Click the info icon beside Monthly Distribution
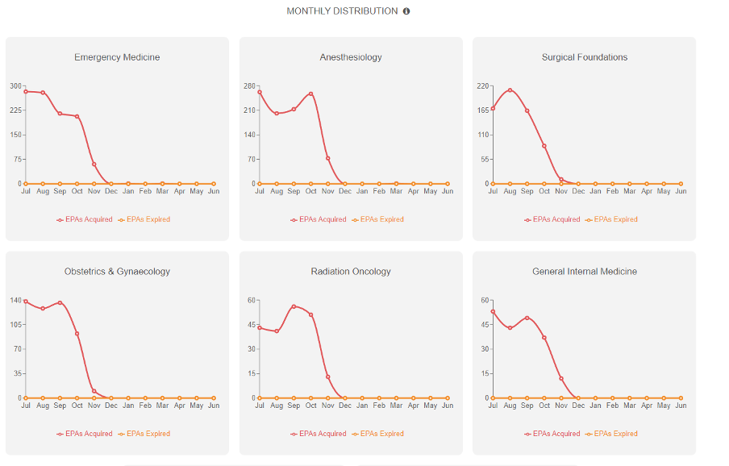pyautogui.click(x=406, y=11)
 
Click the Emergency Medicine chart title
pyautogui.click(x=117, y=57)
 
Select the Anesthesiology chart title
pyautogui.click(x=351, y=57)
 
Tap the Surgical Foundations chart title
pyautogui.click(x=585, y=57)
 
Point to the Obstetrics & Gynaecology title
pyautogui.click(x=117, y=272)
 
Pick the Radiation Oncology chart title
pyautogui.click(x=351, y=272)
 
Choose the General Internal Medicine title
pyautogui.click(x=585, y=272)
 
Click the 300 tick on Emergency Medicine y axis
pyautogui.click(x=16, y=85)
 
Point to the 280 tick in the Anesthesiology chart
pyautogui.click(x=249, y=85)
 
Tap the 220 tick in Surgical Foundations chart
pyautogui.click(x=483, y=85)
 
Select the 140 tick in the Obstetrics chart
pyautogui.click(x=16, y=300)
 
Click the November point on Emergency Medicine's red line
pyautogui.click(x=94, y=164)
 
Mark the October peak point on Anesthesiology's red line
pyautogui.click(x=310, y=94)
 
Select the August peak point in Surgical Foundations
pyautogui.click(x=510, y=89)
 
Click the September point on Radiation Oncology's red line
pyautogui.click(x=294, y=306)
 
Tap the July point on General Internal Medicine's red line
pyautogui.click(x=493, y=311)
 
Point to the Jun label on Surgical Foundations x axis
pyautogui.click(x=681, y=191)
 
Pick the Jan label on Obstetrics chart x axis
pyautogui.click(x=128, y=406)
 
